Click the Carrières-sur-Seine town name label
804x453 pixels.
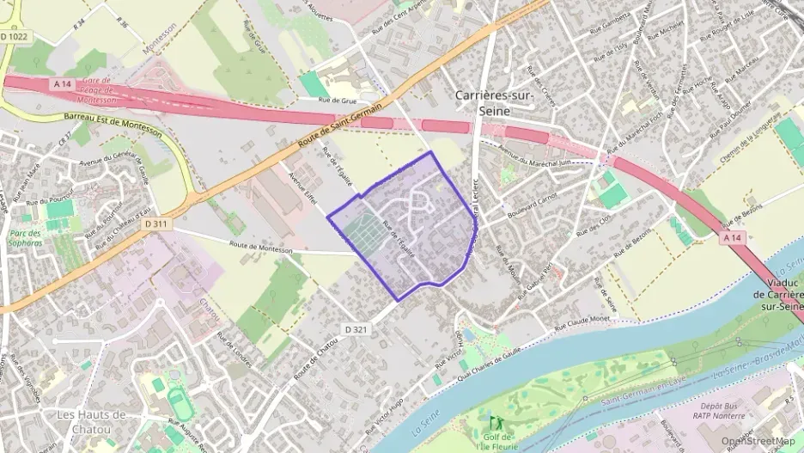pyautogui.click(x=495, y=103)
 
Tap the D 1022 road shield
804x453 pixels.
pyautogui.click(x=15, y=37)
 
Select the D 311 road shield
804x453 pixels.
pyautogui.click(x=154, y=223)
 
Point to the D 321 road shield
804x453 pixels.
pyautogui.click(x=356, y=329)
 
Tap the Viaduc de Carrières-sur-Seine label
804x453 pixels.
pyautogui.click(x=777, y=292)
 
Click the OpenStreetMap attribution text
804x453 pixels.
pyautogui.click(x=758, y=441)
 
